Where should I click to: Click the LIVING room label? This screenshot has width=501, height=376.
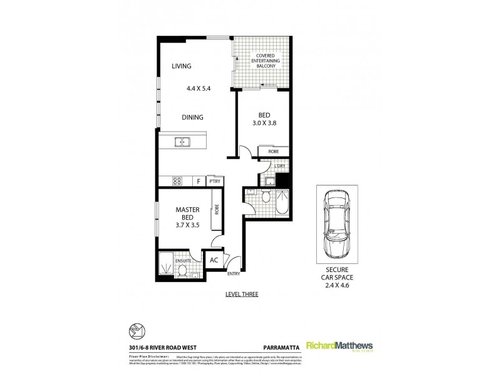tap(182, 66)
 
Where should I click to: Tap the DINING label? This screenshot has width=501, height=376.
tap(192, 117)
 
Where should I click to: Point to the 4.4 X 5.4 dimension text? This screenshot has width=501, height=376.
tap(198, 88)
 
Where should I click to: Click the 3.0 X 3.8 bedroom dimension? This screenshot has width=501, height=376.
tap(264, 123)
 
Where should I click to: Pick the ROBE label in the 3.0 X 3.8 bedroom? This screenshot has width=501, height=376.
tap(273, 152)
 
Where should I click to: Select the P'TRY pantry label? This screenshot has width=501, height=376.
tap(215, 181)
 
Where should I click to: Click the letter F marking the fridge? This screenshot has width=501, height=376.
tap(199, 182)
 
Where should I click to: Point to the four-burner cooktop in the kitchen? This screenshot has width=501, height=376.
tap(177, 182)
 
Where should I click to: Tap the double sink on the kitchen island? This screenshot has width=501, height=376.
tap(182, 142)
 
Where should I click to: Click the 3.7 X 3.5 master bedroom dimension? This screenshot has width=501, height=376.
tap(187, 227)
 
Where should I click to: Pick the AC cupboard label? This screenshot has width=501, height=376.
tap(213, 260)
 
